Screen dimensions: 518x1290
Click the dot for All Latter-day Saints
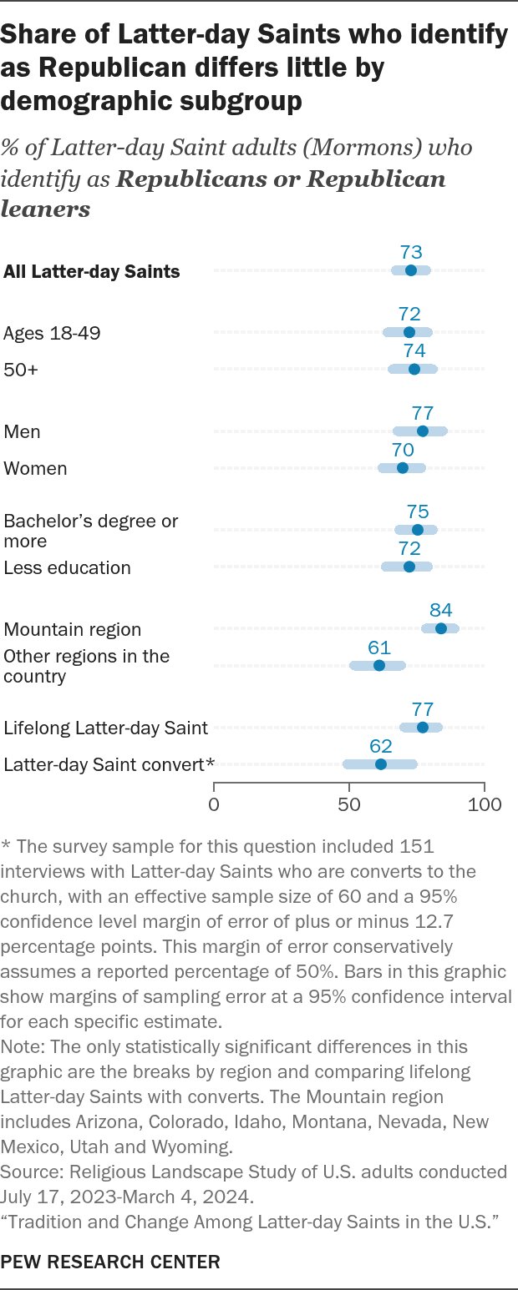pos(411,270)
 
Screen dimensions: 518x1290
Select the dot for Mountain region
pos(440,628)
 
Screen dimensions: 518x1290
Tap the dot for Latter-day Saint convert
pos(381,764)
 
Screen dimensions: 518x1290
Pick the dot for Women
pos(403,467)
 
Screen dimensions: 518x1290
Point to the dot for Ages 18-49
pos(409,332)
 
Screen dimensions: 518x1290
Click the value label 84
pos(440,610)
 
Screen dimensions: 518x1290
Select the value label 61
pos(379,648)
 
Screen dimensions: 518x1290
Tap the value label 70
pos(403,450)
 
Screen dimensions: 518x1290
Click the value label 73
pos(411,252)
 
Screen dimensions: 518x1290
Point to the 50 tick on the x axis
pos(349,787)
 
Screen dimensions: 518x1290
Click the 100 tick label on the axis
pos(485,804)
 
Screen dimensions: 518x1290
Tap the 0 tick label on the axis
pos(214,804)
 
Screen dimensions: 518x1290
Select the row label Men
pos(22,432)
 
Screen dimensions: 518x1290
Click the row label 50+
pos(21,370)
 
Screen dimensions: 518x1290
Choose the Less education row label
pos(68,568)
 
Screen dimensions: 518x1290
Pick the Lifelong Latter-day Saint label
pos(105,728)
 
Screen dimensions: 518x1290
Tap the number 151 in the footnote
pos(416,847)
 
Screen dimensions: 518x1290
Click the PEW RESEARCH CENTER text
pos(110,1262)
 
